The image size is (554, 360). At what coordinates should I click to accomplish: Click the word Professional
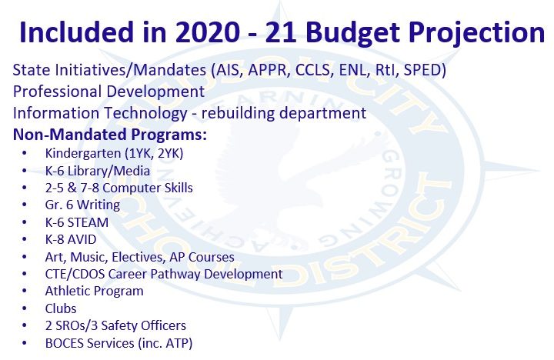57,91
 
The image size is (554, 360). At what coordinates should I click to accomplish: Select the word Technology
145,114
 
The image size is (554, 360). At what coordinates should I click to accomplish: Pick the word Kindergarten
83,154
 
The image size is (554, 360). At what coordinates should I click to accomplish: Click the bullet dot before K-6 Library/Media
25,171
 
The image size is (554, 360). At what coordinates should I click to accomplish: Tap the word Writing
98,205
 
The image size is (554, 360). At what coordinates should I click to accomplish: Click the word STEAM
88,222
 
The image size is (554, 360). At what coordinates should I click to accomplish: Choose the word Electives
138,257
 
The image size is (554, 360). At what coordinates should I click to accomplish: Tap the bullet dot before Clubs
25,308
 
